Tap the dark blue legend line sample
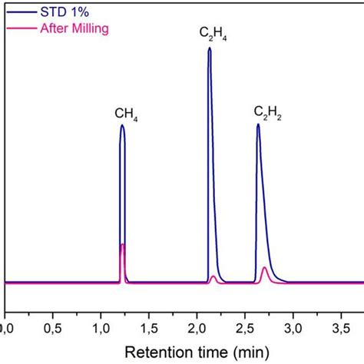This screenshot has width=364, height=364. (19, 12)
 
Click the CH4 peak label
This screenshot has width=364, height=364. (126, 114)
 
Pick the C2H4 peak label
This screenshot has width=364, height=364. (213, 35)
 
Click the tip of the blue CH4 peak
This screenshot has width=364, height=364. (122, 126)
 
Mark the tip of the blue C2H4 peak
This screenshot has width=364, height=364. (209, 48)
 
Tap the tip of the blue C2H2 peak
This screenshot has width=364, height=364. (258, 124)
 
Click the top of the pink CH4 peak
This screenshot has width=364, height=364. (123, 244)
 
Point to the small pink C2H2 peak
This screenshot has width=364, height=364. (265, 268)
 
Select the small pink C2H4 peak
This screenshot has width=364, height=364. (213, 276)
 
